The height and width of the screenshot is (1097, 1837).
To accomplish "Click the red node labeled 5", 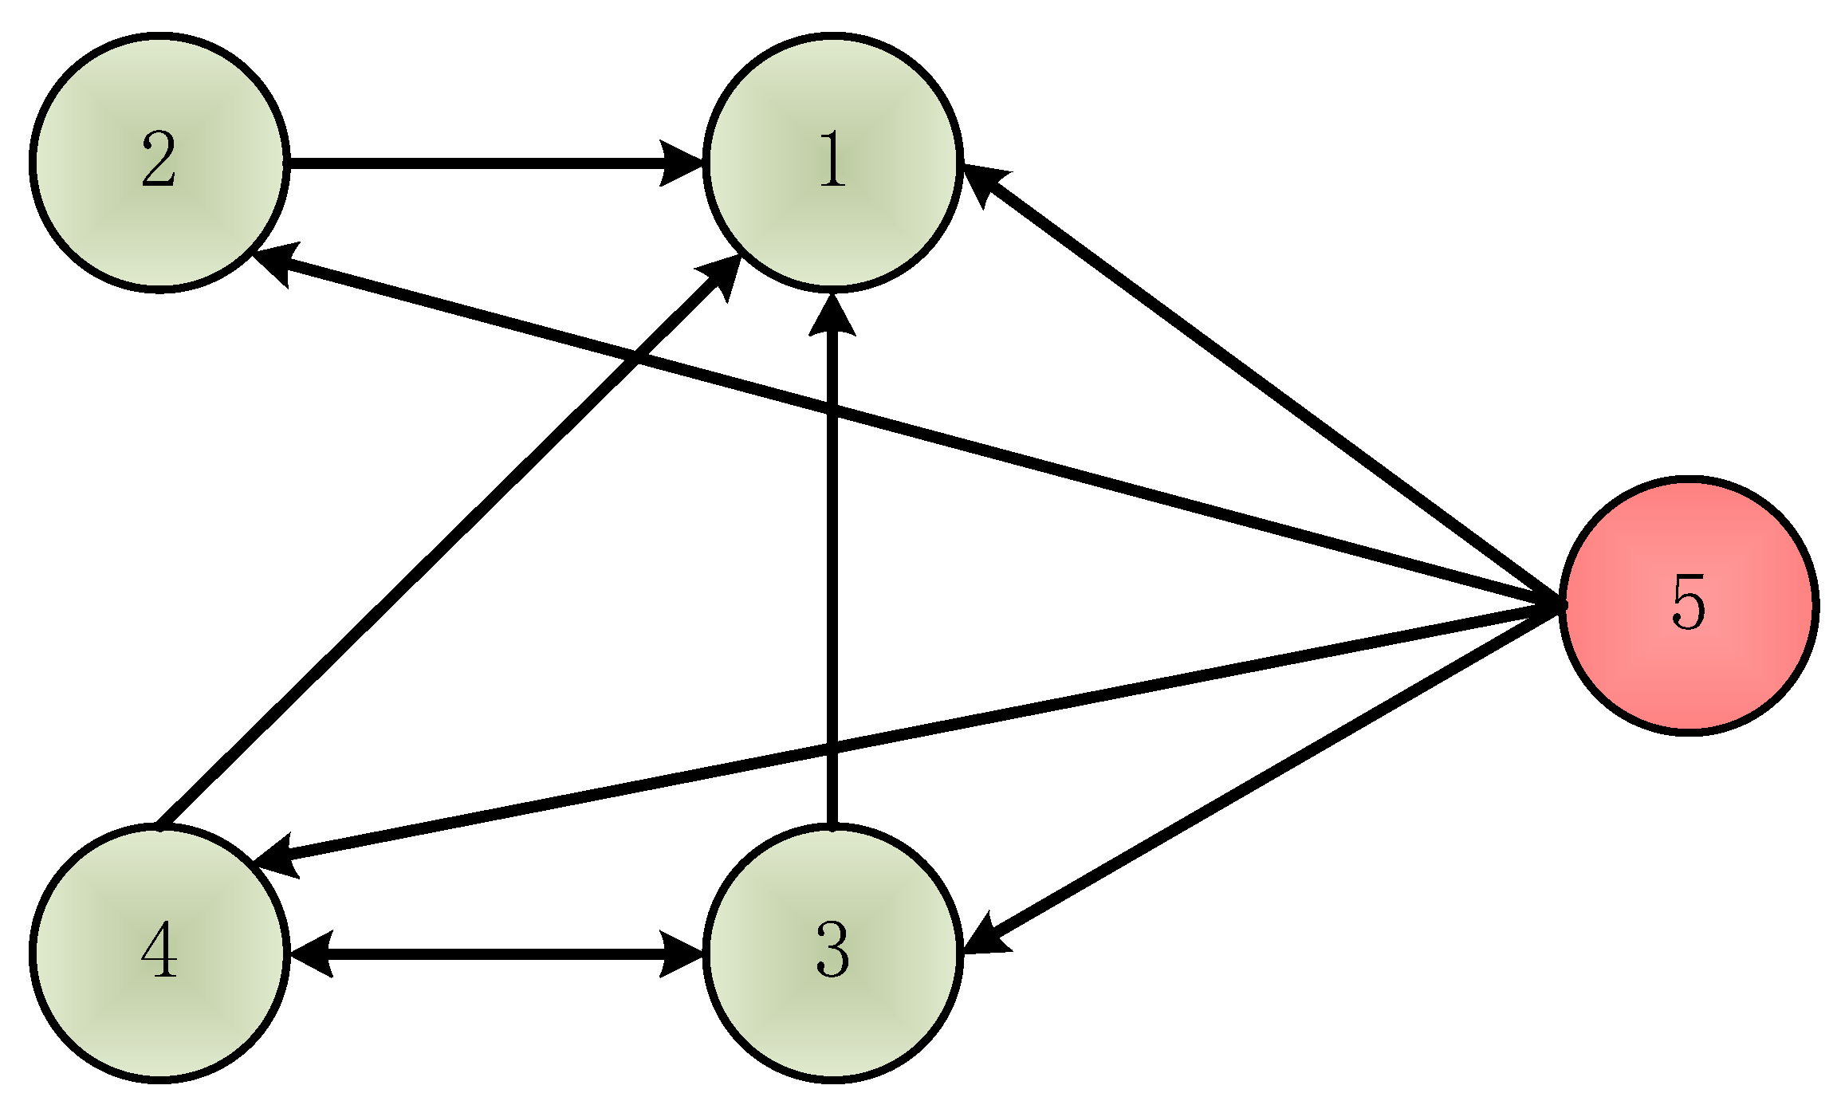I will (1688, 605).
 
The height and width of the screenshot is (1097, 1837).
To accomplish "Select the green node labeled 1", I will (832, 163).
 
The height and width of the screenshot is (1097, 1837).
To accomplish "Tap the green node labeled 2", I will (159, 163).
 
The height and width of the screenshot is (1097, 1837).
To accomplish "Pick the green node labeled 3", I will (832, 953).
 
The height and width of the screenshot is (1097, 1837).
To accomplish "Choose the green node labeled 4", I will (159, 953).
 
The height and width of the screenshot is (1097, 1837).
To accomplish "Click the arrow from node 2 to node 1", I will (478, 163).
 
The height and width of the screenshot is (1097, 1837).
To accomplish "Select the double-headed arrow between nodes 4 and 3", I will (494, 953).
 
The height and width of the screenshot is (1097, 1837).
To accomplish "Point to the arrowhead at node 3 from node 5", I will (985, 938).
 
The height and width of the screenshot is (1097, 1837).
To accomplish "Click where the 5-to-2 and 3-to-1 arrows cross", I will (832, 411).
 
